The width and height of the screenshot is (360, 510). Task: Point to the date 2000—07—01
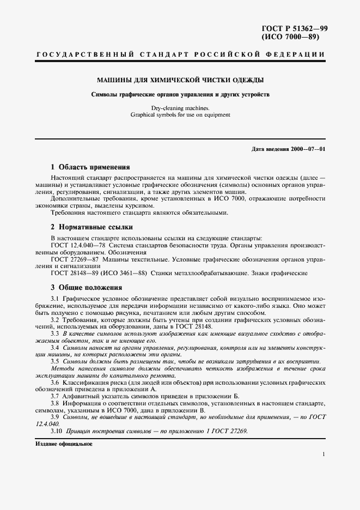[308, 149]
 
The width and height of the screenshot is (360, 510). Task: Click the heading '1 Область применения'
[90, 167]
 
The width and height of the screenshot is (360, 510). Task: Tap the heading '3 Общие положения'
[86, 287]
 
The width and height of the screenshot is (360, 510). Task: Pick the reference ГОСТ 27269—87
[75, 259]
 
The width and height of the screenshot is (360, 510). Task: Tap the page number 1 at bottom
[324, 454]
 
